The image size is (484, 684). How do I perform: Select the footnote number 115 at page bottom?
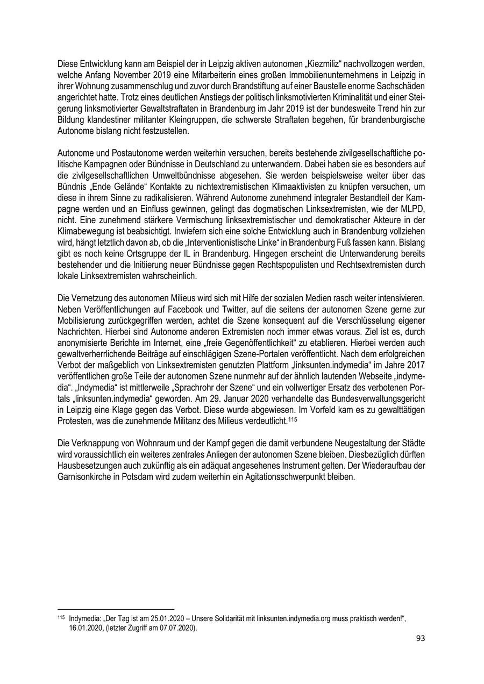pyautogui.click(x=60, y=618)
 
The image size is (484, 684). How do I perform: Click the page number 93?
pyautogui.click(x=420, y=638)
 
